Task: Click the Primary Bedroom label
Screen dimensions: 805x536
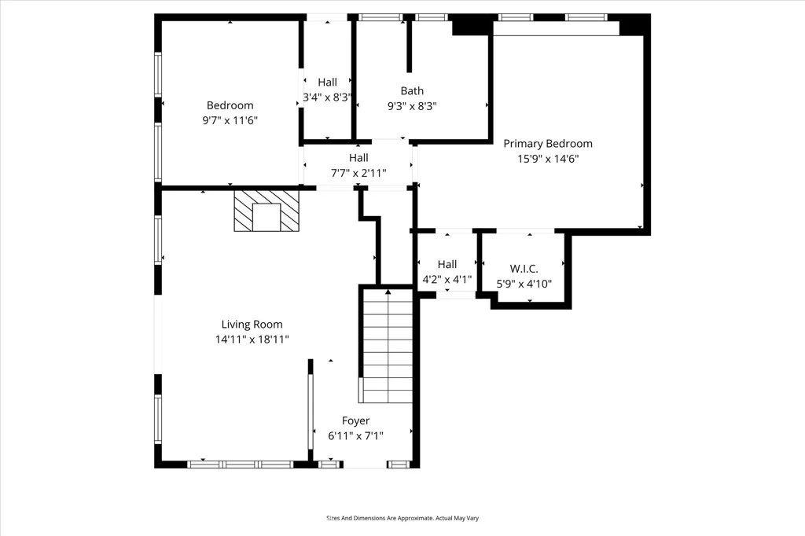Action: point(548,144)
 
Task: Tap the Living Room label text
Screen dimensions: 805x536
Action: point(252,325)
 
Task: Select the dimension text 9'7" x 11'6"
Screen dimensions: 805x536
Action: point(230,121)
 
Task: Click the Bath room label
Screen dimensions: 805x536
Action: point(412,91)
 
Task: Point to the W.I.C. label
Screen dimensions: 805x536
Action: point(524,269)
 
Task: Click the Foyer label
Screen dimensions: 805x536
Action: point(356,421)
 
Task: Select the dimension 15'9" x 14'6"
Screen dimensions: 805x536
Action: point(548,159)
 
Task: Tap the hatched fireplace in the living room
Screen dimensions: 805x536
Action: point(266,211)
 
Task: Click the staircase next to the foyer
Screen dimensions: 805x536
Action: point(388,346)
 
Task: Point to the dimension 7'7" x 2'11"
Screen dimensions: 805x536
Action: point(358,173)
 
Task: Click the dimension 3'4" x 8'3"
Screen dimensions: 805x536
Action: point(328,97)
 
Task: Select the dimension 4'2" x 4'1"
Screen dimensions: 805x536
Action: point(447,280)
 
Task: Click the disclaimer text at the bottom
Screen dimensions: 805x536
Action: point(402,519)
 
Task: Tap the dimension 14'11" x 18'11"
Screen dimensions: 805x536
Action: point(252,340)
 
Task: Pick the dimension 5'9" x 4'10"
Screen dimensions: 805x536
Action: point(524,284)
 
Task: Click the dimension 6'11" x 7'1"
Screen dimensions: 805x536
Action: point(356,436)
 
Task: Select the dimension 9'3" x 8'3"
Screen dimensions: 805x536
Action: point(412,106)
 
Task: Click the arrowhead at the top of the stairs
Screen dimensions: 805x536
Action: point(388,292)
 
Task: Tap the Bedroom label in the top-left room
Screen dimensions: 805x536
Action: point(230,105)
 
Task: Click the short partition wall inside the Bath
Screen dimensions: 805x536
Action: point(409,46)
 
